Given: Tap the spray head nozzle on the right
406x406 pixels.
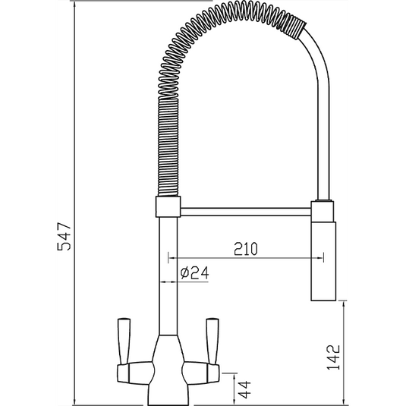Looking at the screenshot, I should point(322,258).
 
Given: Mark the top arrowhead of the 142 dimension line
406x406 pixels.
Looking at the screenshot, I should point(345,301).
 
